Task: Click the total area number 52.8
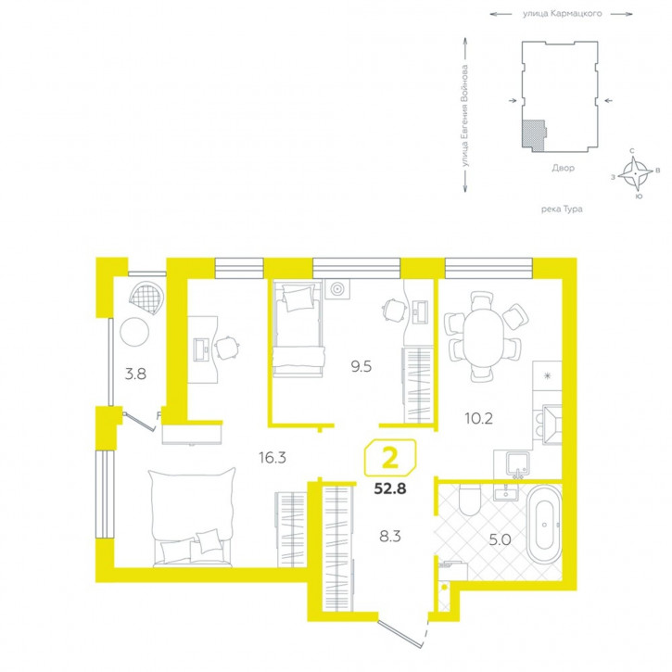390,488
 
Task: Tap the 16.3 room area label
273,458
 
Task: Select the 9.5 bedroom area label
361,367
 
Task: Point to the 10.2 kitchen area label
478,418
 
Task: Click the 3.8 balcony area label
135,374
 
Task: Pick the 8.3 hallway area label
390,536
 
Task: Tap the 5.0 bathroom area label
501,539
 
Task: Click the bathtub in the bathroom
544,525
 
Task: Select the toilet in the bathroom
470,500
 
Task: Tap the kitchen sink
517,463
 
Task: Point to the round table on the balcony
134,331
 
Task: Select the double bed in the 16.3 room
192,517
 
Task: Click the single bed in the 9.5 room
298,328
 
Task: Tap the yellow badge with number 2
390,458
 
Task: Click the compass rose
635,173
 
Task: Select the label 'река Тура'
562,209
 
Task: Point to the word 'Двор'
563,168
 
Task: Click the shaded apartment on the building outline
533,135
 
